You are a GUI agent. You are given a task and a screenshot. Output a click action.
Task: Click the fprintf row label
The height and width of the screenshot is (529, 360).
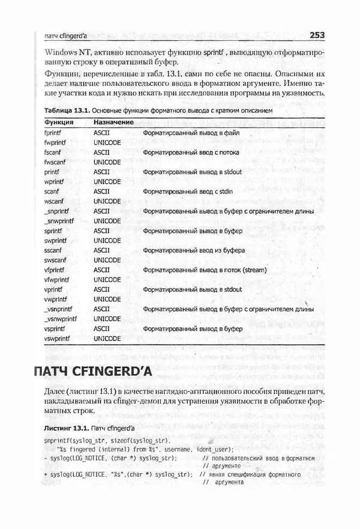[x=55, y=132]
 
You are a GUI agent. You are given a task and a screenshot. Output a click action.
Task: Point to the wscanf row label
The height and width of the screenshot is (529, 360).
[x=55, y=201]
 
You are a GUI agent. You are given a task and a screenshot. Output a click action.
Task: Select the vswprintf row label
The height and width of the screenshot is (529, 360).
[x=58, y=339]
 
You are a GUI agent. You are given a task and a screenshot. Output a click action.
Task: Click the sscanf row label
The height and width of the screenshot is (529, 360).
[x=54, y=250]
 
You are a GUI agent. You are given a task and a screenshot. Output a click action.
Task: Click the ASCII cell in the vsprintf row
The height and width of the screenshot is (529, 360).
[x=102, y=329]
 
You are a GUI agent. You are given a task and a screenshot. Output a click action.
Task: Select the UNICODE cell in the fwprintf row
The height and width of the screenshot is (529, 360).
[x=107, y=142]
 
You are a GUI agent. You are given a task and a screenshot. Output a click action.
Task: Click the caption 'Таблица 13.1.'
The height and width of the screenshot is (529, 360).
[x=67, y=111]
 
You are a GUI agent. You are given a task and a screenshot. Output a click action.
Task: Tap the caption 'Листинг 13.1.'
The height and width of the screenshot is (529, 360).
[x=65, y=430]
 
